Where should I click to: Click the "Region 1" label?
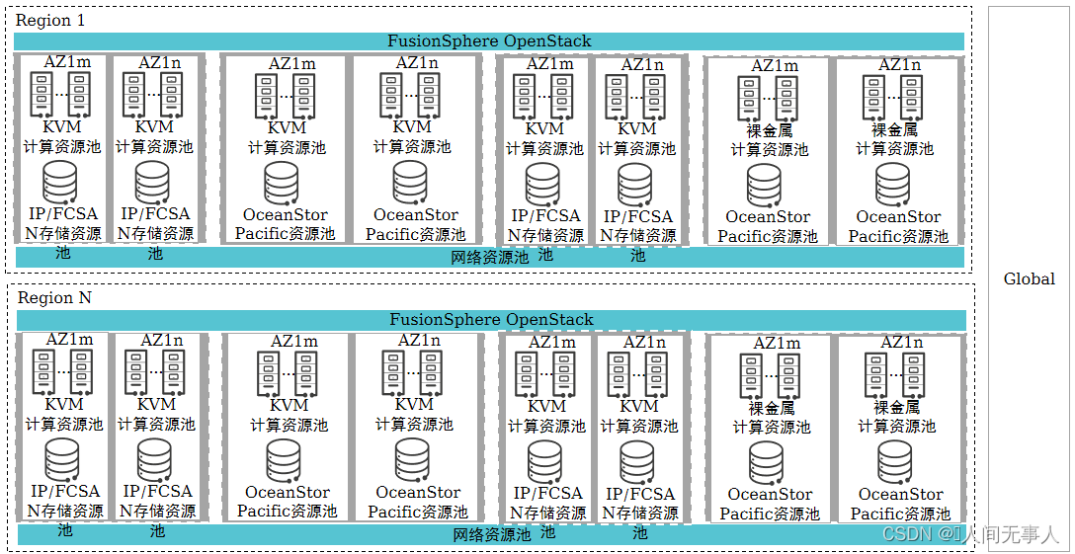click(43, 20)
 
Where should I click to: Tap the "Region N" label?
click(45, 297)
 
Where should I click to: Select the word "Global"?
click(1030, 278)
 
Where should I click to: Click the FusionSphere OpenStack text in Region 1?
click(489, 40)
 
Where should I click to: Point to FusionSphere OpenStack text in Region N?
click(491, 319)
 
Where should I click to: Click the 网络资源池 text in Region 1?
click(490, 257)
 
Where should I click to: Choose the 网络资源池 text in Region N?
click(492, 534)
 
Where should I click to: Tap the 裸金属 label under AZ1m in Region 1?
click(770, 130)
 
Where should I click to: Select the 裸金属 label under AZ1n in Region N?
click(896, 407)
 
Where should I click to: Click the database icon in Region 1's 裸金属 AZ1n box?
click(892, 184)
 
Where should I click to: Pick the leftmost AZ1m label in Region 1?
click(67, 61)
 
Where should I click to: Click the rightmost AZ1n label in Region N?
click(901, 343)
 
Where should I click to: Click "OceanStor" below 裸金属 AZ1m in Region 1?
click(768, 216)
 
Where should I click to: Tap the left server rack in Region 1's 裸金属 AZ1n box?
click(872, 96)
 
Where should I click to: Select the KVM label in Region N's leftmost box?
click(63, 403)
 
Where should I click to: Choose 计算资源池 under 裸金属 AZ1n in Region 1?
click(894, 148)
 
